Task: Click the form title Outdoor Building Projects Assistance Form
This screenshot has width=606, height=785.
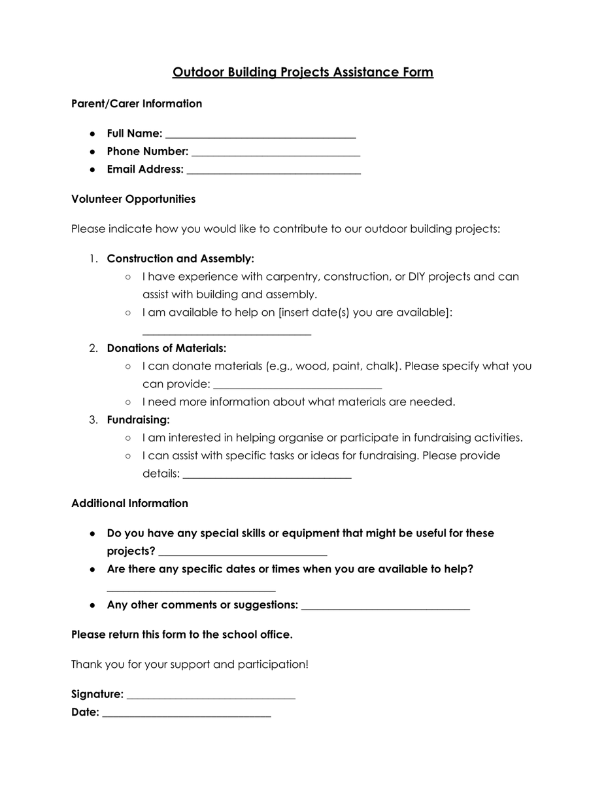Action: (303, 72)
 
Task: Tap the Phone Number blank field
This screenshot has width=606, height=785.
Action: (275, 154)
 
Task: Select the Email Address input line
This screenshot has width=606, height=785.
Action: (273, 171)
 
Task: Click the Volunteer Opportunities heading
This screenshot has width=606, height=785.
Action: (133, 199)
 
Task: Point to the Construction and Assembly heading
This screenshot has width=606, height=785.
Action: (180, 259)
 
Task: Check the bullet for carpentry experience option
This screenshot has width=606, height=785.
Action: (128, 277)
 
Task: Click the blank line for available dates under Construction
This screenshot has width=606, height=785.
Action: (226, 332)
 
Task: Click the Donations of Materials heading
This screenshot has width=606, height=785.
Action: (167, 349)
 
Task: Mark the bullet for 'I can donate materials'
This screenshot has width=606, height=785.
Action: (128, 366)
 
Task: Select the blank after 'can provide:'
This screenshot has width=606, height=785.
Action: (297, 386)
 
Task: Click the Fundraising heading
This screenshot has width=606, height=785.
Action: (139, 420)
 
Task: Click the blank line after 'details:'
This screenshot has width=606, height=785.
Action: (267, 476)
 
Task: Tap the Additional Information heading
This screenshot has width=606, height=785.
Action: (129, 504)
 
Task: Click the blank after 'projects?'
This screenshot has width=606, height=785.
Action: (243, 553)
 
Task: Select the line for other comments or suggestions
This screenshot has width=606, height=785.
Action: (386, 607)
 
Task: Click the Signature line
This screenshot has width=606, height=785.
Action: (210, 697)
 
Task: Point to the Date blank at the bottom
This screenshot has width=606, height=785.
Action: (186, 715)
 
